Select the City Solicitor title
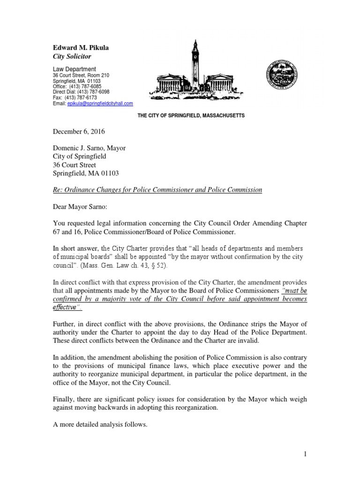click(x=73, y=56)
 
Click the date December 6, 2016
click(x=78, y=133)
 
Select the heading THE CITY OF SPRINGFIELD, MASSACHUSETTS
click(x=191, y=115)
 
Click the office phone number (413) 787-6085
click(x=88, y=86)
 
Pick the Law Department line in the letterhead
click(x=74, y=69)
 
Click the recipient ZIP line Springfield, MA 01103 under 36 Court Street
click(x=86, y=173)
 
